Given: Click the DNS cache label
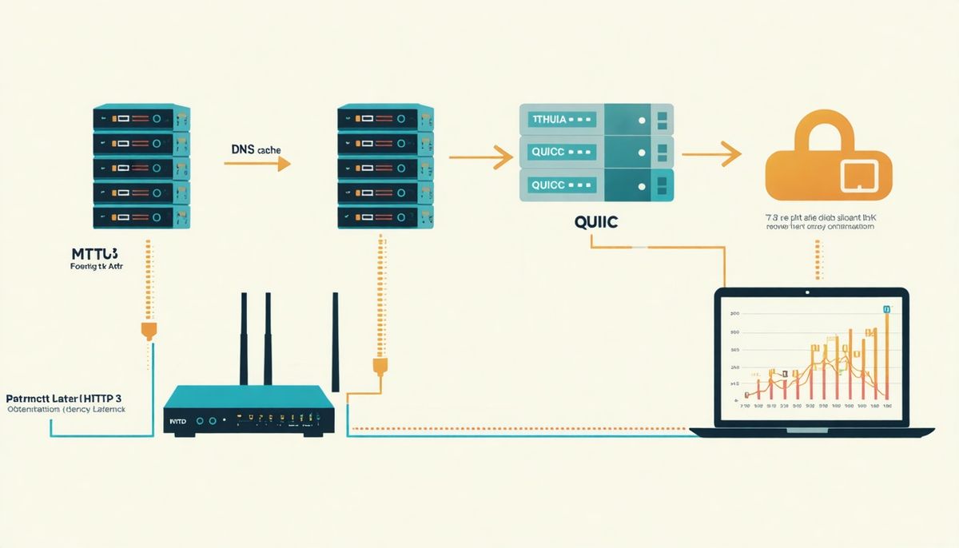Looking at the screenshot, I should coord(257,149).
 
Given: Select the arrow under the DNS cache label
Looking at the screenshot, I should coord(257,164).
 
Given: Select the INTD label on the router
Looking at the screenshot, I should coord(177,419).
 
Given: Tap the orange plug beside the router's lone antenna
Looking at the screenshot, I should coord(380,367).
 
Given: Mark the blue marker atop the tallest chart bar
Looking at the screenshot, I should coord(886,308).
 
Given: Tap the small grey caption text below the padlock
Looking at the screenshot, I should coord(818,221).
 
